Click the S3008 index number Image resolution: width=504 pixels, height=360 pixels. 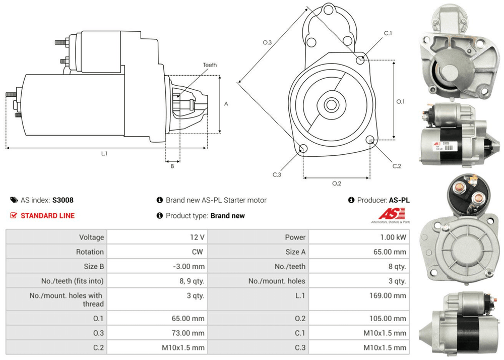(64, 200)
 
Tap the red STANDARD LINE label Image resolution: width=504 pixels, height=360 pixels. (47, 216)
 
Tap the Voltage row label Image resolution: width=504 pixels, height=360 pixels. (91, 237)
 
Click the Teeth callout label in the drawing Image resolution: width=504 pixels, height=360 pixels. (210, 65)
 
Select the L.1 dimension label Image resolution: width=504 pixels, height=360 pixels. (104, 153)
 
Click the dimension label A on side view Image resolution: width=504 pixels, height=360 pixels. (226, 104)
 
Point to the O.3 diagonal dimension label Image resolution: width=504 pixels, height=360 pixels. (267, 43)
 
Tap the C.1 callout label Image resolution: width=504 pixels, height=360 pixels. (388, 33)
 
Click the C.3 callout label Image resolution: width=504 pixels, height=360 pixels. (277, 174)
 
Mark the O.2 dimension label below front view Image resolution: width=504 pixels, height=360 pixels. (337, 183)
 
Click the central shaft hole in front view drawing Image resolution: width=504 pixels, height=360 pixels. (331, 105)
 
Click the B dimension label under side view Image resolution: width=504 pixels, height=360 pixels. (172, 166)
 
